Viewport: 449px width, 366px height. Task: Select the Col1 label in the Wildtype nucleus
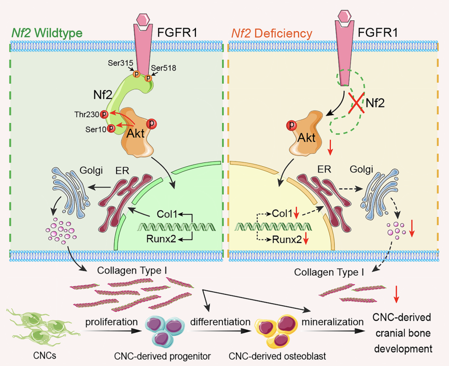point(166,214)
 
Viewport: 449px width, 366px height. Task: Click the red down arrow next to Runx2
point(305,239)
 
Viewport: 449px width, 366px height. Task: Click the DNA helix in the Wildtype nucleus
point(165,227)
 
